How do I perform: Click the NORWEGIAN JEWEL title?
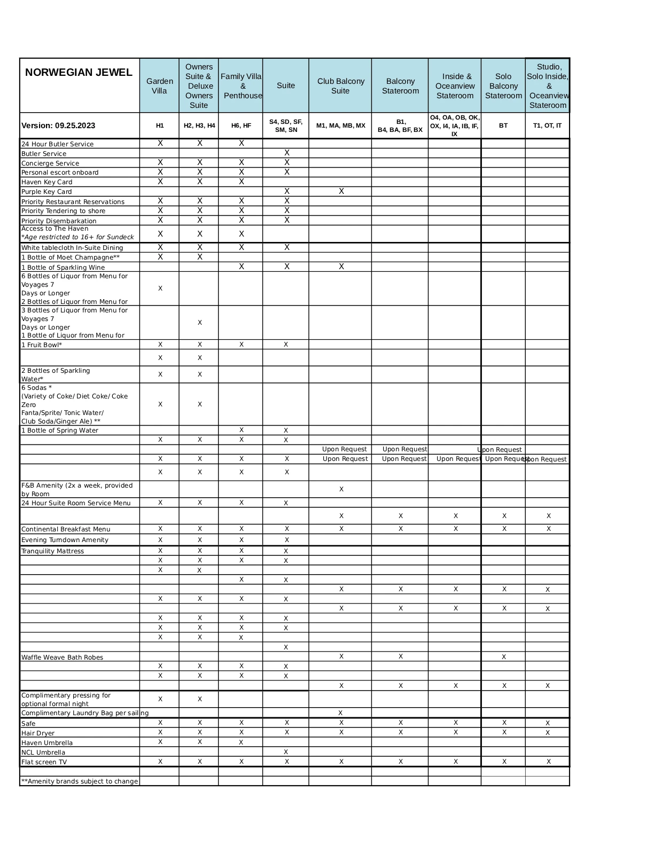tap(79, 73)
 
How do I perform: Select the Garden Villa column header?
tap(159, 86)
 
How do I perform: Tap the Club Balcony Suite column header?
tap(340, 86)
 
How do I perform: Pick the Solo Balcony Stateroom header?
tap(503, 86)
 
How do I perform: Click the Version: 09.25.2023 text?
tap(58, 126)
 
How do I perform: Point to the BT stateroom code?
tap(503, 126)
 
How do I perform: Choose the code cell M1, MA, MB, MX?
tap(340, 126)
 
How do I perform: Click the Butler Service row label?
tap(44, 154)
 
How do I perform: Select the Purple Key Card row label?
tap(46, 192)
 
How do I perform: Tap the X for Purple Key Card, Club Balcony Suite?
tap(341, 191)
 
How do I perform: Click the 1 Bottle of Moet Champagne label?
tap(70, 257)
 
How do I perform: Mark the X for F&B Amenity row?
tap(341, 489)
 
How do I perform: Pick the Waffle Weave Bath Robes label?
tap(62, 657)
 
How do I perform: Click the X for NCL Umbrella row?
tap(286, 752)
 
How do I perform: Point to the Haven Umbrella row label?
tap(47, 743)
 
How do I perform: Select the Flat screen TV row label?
tap(44, 762)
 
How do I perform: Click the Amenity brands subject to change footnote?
tap(80, 781)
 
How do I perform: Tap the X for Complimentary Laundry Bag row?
tap(340, 713)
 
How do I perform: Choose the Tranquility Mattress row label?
tap(52, 551)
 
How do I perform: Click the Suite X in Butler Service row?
tap(287, 153)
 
